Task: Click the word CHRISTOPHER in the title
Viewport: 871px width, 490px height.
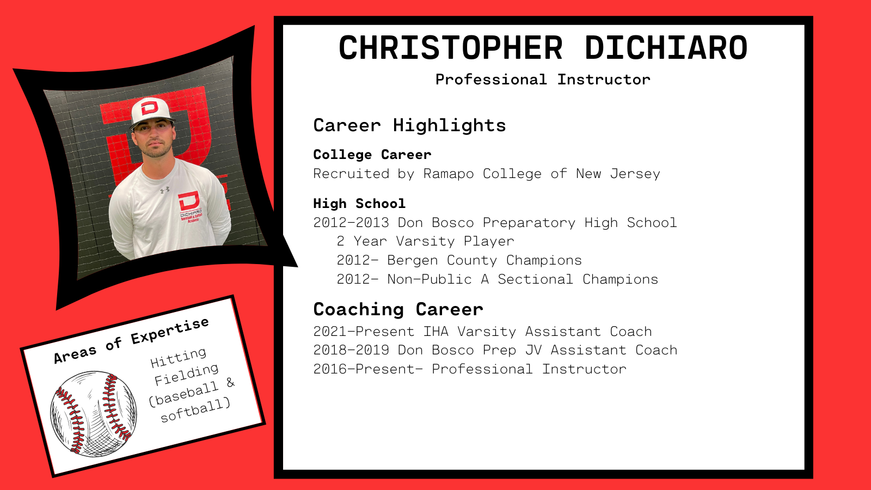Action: [x=450, y=48]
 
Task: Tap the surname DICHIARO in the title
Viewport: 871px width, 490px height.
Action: [x=666, y=48]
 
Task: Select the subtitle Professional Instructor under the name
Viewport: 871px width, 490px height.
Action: [x=543, y=79]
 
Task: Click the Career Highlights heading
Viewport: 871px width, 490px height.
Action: [x=409, y=126]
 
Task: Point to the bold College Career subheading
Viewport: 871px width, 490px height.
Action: [x=372, y=155]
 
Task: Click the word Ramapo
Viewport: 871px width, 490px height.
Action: [x=448, y=174]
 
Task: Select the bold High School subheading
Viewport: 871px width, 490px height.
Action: [x=359, y=204]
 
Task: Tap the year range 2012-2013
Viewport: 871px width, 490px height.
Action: [x=351, y=223]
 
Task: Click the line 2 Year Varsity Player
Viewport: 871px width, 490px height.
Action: [x=425, y=241]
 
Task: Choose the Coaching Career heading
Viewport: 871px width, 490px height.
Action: [x=398, y=309]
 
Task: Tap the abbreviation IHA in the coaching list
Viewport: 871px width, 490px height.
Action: [x=436, y=332]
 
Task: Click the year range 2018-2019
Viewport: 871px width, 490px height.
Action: [x=351, y=350]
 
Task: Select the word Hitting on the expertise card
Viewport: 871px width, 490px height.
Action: [x=179, y=357]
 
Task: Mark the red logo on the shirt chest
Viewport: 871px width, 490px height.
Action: [x=189, y=200]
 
